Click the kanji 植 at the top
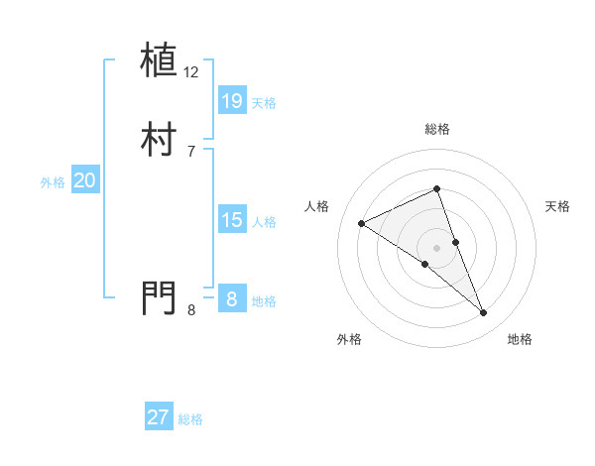tap(160, 59)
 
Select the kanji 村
tap(160, 139)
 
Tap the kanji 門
tap(160, 296)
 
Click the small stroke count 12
tap(191, 72)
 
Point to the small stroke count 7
tap(191, 151)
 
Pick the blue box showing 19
tap(231, 100)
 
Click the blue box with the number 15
tap(231, 220)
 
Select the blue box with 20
tap(85, 180)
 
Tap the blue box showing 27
tap(159, 417)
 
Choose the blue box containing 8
tap(231, 299)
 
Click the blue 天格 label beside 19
tap(264, 103)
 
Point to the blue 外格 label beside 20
tap(53, 182)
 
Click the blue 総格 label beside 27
tap(190, 419)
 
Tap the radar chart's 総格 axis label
tap(437, 129)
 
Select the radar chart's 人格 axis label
tap(317, 206)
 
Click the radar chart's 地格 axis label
tap(520, 339)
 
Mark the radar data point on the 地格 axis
tap(484, 313)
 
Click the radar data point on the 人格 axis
tap(361, 223)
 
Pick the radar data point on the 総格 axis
tap(437, 188)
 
